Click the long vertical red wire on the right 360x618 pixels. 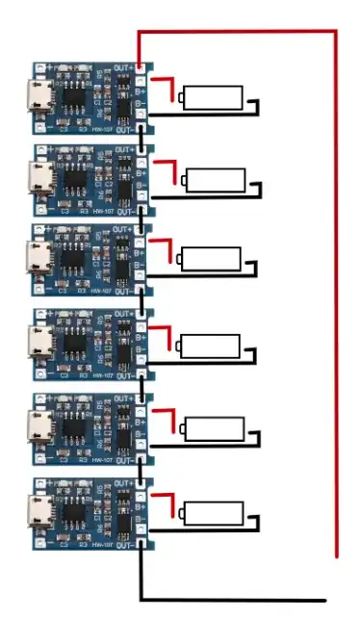click(337, 289)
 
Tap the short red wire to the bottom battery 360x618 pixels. click(166, 498)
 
